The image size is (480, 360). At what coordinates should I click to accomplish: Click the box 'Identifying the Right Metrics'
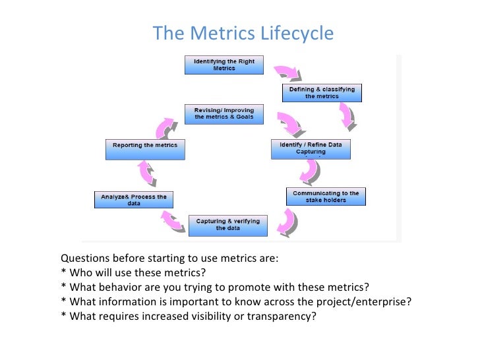[224, 65]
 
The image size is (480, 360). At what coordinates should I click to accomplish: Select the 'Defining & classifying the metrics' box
[322, 92]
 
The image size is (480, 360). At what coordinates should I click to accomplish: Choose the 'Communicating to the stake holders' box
[326, 196]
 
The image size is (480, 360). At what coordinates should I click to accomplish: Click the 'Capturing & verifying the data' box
[228, 225]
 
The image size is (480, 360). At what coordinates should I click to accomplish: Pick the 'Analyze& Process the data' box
[134, 200]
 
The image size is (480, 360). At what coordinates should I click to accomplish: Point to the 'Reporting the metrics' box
[144, 148]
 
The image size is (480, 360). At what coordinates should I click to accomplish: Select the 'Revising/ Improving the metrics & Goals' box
[224, 113]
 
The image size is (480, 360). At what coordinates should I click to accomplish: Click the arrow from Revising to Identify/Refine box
[289, 123]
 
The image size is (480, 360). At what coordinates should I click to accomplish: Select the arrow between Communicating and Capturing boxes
[286, 222]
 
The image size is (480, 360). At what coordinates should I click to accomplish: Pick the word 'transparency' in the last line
[280, 316]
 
